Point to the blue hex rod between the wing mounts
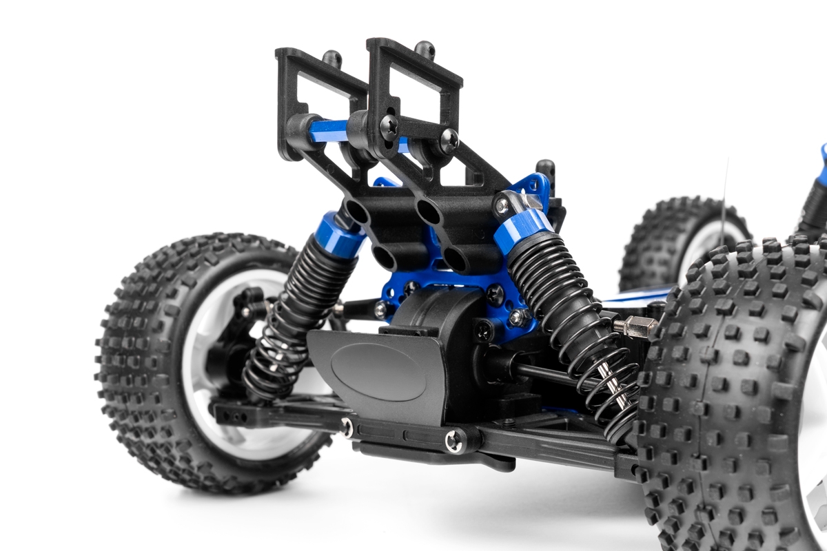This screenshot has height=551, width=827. pyautogui.click(x=329, y=129)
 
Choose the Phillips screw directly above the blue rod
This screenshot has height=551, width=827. pyautogui.click(x=389, y=126)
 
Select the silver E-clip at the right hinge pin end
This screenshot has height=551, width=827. pyautogui.click(x=453, y=441)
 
